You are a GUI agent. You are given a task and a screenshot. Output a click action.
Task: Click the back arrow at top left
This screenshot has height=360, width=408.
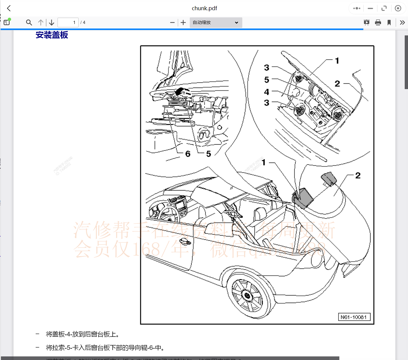(x=9, y=8)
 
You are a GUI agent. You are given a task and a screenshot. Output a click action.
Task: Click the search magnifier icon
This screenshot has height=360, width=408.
(x=29, y=22)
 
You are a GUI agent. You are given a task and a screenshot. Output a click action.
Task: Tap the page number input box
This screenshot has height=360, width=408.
(x=68, y=22)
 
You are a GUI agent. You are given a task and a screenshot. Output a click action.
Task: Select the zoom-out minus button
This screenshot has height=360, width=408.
(x=172, y=22)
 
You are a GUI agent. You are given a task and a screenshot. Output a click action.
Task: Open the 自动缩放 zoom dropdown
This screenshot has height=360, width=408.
(x=216, y=22)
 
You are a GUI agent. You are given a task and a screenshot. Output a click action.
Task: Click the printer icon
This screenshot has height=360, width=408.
(x=378, y=22)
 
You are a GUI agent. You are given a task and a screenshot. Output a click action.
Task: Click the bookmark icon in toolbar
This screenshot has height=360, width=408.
(x=389, y=22)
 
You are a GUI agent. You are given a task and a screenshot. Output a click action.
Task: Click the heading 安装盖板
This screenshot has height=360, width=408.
(x=52, y=35)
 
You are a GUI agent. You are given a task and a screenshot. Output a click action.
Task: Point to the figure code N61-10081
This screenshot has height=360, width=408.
(x=354, y=317)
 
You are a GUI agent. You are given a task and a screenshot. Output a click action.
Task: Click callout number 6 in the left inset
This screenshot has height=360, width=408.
(x=188, y=154)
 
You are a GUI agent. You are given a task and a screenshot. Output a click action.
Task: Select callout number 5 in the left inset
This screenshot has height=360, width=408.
(x=209, y=154)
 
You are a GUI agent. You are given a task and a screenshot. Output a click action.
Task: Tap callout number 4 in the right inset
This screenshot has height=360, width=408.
(x=267, y=92)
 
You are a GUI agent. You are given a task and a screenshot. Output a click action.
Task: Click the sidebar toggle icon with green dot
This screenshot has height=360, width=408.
(x=7, y=22)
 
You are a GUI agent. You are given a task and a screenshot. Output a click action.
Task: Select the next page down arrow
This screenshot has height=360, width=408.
(x=52, y=22)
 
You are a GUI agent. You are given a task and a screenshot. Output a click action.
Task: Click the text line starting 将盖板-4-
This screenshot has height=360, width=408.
(x=82, y=334)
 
